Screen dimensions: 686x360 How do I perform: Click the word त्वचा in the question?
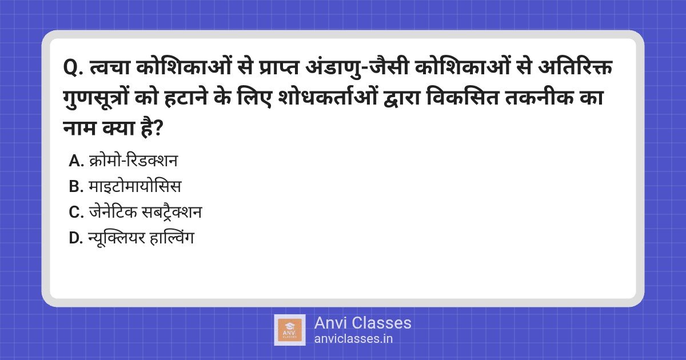coord(110,67)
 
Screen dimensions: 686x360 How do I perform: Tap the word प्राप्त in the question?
coord(278,67)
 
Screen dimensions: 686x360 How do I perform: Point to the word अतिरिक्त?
coord(575,66)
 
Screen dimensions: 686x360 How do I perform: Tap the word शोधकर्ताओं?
coord(328,97)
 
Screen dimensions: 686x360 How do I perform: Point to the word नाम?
coord(79,128)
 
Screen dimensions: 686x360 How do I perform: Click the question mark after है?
coord(158,129)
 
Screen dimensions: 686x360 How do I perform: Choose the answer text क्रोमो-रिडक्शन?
coord(133,161)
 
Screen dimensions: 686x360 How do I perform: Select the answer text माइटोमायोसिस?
coord(135,186)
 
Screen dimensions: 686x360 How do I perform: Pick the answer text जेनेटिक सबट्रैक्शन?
coord(145,211)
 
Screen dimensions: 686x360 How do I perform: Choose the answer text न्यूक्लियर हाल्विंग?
coord(141,238)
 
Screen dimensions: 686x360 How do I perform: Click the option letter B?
coord(75,186)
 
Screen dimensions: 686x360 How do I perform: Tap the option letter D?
coord(75,238)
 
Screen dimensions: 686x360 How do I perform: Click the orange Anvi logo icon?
coord(290,330)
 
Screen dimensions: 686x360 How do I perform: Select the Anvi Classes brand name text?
coord(362,323)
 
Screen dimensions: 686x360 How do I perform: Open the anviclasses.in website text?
coord(353,339)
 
